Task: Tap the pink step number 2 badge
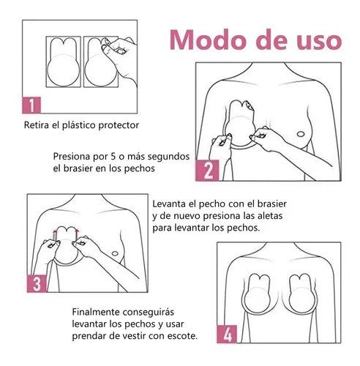click(x=208, y=171)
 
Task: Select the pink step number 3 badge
click(x=34, y=282)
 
